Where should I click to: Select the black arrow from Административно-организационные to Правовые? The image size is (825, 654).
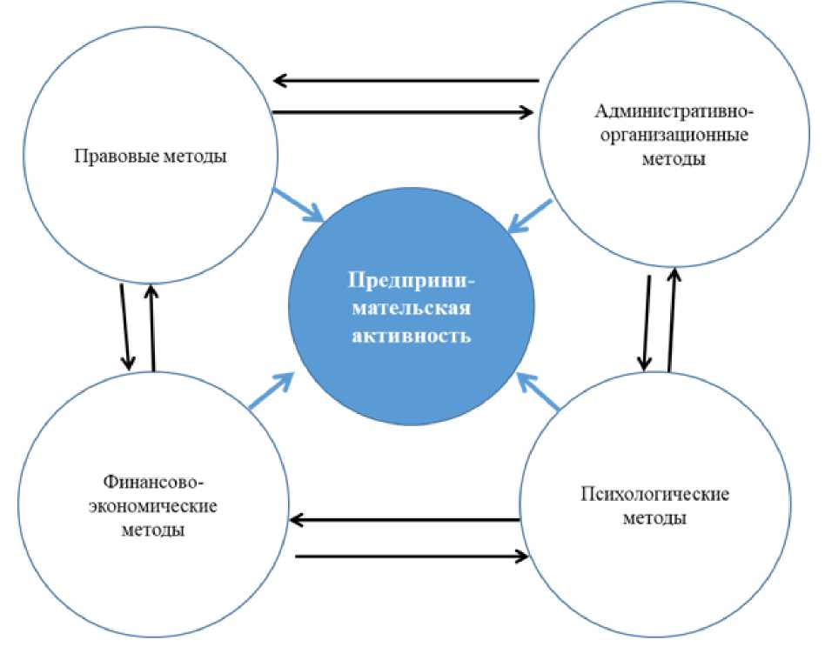click(405, 82)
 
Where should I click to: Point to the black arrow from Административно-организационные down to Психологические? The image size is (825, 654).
click(647, 323)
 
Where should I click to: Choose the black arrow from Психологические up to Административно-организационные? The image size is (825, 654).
click(671, 318)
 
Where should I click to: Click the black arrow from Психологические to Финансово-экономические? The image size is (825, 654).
click(404, 521)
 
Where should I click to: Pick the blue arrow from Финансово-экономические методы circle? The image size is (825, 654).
click(272, 390)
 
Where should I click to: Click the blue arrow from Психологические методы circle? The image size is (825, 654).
click(538, 389)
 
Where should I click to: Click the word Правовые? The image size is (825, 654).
click(109, 157)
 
